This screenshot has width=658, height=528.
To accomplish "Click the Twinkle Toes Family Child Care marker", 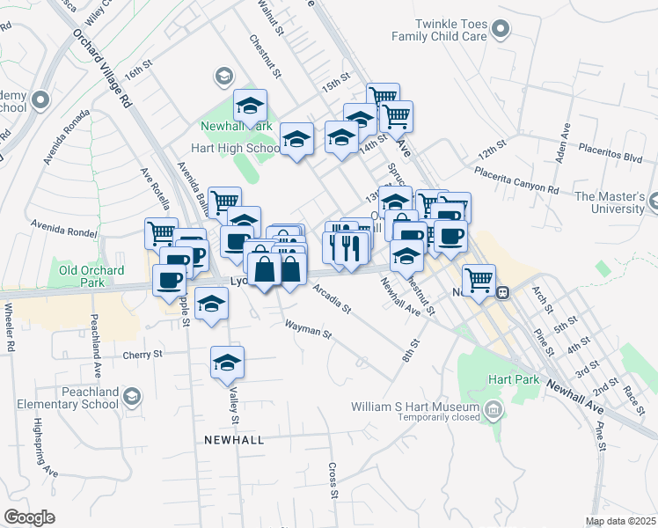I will tap(501, 31).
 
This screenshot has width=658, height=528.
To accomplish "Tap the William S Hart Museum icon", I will tap(493, 408).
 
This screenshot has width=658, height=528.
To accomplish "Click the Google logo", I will tap(29, 517).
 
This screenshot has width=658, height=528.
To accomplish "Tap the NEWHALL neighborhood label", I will tap(234, 438).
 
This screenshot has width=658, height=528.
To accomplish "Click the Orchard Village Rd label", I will tap(102, 70).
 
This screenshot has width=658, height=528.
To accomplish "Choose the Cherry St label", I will tap(143, 355).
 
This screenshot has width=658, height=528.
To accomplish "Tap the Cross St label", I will tap(333, 480).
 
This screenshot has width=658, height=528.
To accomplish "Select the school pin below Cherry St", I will tap(227, 363).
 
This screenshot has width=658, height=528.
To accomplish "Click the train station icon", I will tap(501, 293).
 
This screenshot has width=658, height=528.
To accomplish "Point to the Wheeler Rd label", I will tap(11, 327).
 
